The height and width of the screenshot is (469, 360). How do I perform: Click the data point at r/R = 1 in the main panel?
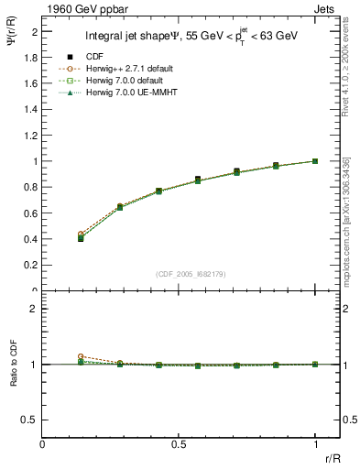[315, 161]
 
